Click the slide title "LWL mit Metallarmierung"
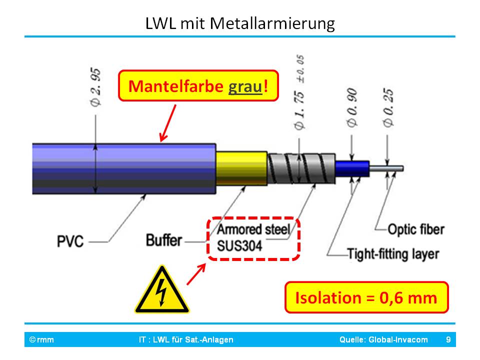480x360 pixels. click(240, 23)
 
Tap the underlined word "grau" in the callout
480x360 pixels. click(245, 86)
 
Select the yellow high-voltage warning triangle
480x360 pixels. click(161, 291)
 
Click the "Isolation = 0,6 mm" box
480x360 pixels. click(366, 298)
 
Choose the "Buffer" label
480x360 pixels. click(163, 240)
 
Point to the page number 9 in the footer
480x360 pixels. click(448, 340)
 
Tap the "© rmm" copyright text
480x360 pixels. click(41, 340)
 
